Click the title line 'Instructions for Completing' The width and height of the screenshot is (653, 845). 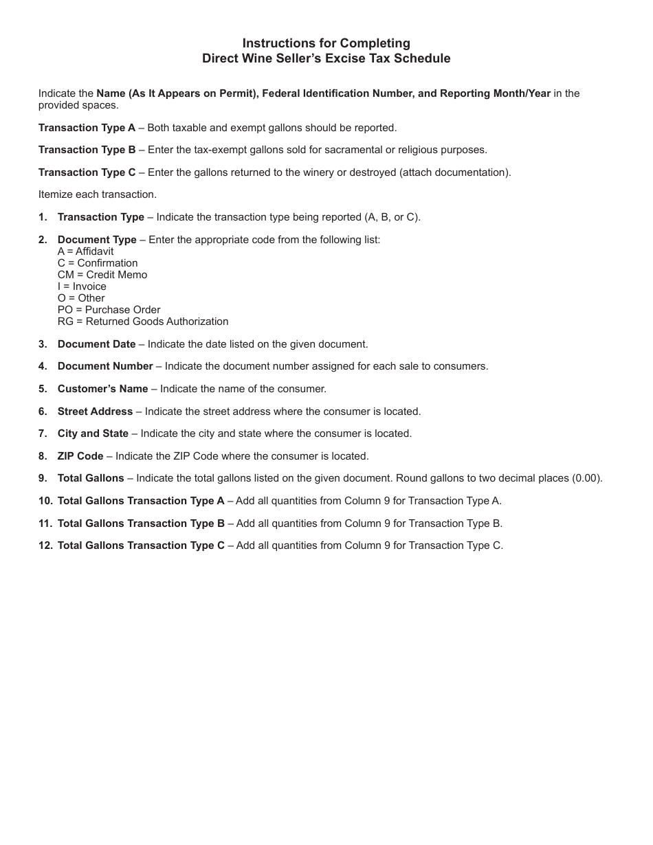[x=326, y=43]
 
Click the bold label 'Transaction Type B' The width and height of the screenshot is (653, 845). [x=87, y=150]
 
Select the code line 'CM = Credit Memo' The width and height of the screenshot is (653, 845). [x=102, y=275]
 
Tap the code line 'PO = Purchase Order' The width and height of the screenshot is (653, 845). [x=109, y=310]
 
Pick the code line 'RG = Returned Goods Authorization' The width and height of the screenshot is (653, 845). [x=143, y=322]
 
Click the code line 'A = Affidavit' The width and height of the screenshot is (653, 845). [x=85, y=251]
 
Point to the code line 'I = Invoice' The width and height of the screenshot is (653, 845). [x=82, y=286]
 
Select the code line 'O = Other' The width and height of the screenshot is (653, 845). [x=81, y=298]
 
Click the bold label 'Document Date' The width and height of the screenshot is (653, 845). [x=96, y=344]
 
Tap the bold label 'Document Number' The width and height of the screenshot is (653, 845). [x=105, y=366]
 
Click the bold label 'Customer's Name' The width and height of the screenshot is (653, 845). [x=102, y=389]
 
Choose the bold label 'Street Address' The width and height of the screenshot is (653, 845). [x=95, y=412]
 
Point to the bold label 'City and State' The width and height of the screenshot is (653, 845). [x=93, y=433]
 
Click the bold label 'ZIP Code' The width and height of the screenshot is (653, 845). [x=80, y=456]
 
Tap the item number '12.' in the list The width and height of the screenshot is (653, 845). [x=45, y=545]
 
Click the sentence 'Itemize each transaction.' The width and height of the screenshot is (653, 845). [x=98, y=194]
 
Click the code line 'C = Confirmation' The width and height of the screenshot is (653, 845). [x=98, y=263]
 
